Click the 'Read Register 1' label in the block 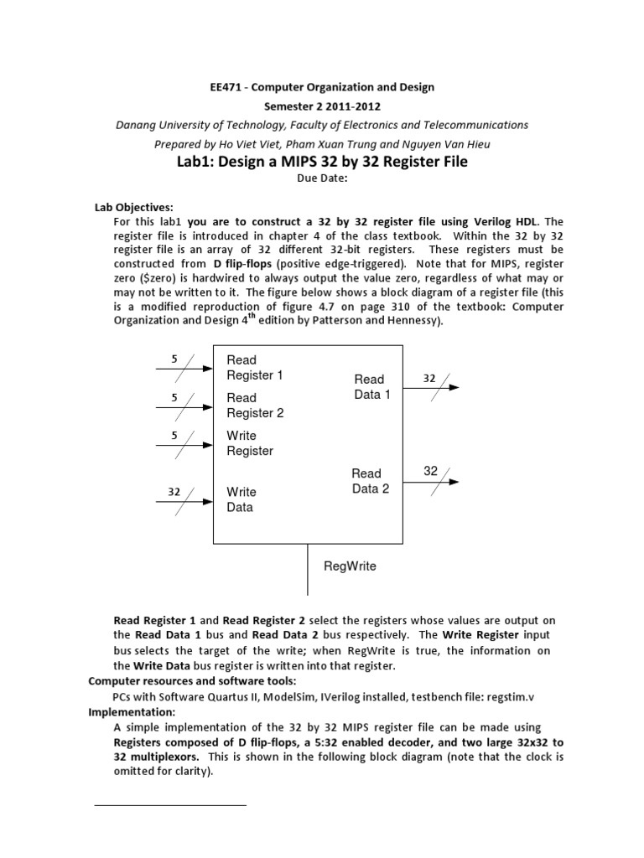255,368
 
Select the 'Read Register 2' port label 255,406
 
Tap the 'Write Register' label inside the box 250,443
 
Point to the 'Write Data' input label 241,499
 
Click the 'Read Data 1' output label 371,387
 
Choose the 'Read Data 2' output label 371,481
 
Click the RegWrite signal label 350,566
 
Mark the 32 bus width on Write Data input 174,492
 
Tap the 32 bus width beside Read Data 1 429,378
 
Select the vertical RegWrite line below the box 309,570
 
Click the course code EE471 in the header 227,87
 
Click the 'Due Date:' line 321,178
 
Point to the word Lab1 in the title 198,161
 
